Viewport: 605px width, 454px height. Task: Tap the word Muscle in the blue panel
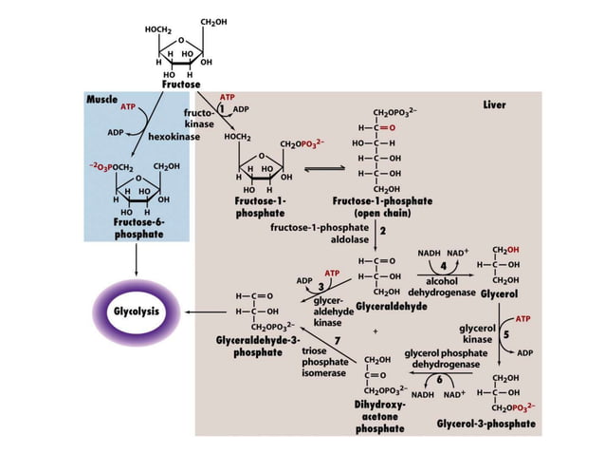[102, 100]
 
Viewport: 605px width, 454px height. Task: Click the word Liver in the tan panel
[494, 104]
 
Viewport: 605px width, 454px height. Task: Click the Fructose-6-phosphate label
[138, 227]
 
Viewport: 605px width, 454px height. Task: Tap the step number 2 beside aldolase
[382, 231]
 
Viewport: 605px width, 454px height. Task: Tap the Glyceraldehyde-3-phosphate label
[257, 346]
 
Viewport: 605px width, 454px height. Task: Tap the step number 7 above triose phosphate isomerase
[338, 340]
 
